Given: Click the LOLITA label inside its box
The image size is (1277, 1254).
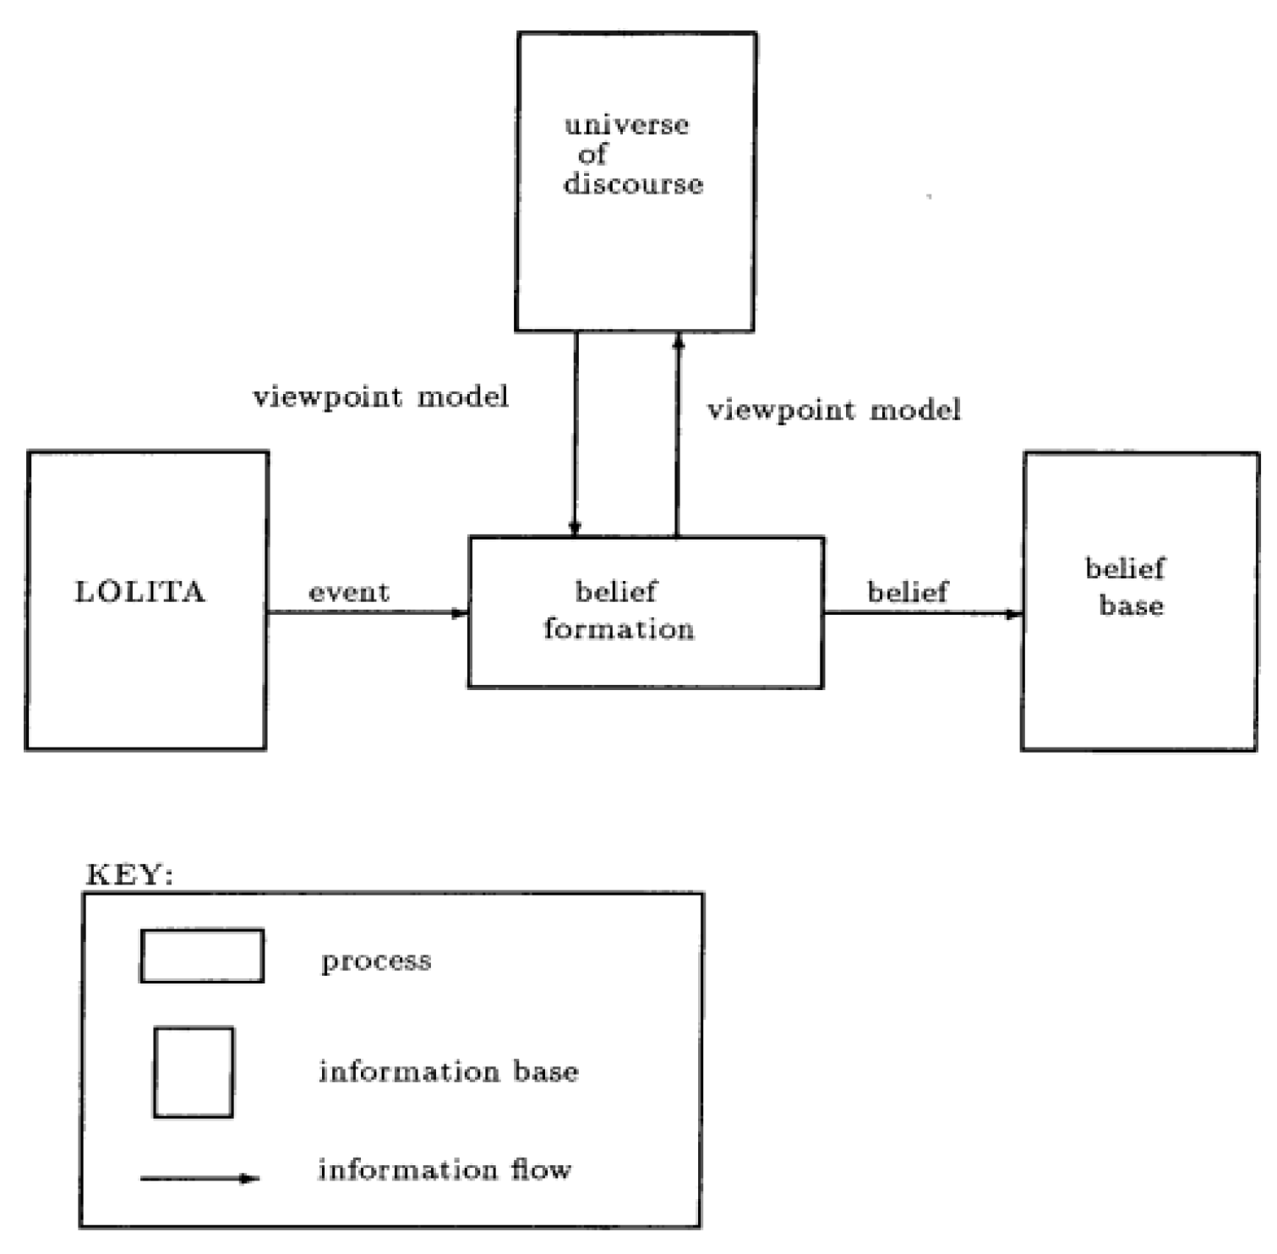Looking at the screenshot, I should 140,591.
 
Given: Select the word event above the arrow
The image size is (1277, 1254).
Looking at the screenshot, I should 349,592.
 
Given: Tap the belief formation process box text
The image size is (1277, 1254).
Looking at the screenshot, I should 619,611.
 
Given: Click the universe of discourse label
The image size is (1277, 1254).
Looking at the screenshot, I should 632,155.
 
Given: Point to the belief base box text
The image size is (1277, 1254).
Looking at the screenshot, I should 1127,587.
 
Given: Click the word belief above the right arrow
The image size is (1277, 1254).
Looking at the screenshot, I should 908,592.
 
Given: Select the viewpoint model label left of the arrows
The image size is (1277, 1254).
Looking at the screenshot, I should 381,397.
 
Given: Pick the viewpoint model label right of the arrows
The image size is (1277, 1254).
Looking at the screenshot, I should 834,410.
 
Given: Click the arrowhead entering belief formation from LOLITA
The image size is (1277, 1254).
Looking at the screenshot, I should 460,613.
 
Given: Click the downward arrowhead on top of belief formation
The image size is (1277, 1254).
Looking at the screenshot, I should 575,528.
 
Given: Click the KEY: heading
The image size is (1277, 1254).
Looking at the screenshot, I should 129,875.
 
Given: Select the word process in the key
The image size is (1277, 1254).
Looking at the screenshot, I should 376,961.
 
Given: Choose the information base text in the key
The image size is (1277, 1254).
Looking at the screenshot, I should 449,1072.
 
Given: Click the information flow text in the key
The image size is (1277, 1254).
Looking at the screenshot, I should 445,1170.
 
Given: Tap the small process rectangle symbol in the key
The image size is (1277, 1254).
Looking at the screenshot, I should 202,956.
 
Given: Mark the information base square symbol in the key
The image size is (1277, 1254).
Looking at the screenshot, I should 194,1072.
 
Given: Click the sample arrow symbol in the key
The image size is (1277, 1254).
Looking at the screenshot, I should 199,1178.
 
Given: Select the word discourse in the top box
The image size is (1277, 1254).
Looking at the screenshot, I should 633,184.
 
